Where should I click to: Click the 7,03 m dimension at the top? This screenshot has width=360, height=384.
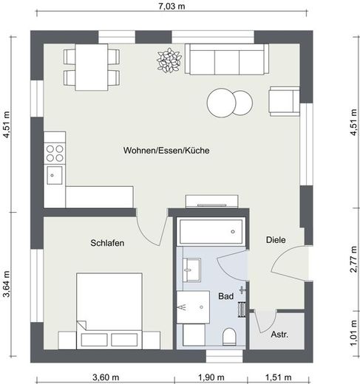pos(171,6)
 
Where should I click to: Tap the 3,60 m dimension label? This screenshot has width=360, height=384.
pos(106,377)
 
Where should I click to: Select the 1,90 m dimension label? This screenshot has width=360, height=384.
pos(211,377)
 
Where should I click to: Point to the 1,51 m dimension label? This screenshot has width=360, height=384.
pos(278,377)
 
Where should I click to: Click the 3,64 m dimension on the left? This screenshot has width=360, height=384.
pos(7,284)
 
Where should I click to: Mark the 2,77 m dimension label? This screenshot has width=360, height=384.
pos(354,259)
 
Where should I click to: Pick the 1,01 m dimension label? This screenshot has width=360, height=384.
pos(354,333)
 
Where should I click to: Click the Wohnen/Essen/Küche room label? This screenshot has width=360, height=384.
pos(166,151)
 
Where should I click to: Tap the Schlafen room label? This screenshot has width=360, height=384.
pos(107,243)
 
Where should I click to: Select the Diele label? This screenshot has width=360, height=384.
pos(276,240)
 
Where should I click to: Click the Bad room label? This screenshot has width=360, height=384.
pos(225,296)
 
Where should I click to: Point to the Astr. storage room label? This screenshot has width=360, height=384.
pos(279,335)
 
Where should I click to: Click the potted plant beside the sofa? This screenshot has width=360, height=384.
pos(169,61)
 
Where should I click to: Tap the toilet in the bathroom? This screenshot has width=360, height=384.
pos(229,337)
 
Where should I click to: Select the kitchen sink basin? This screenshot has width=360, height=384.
pos(55,175)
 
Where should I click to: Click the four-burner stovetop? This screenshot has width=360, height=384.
pos(55,153)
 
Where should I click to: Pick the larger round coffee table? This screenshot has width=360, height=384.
pos(222,103)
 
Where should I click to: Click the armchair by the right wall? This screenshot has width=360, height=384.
pos(285,101)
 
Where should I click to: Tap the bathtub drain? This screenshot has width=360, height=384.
pos(233,232)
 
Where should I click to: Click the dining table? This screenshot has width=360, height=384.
pos(92,67)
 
